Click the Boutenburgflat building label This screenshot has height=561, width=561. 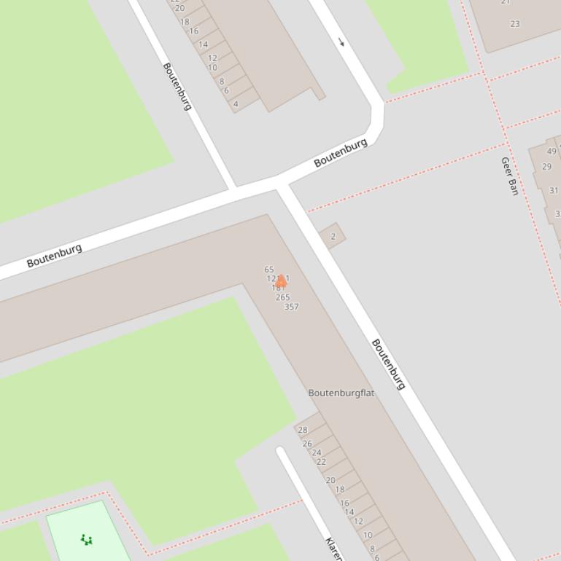tap(341, 393)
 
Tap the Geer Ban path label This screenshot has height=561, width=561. tap(509, 176)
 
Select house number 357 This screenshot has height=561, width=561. tap(291, 307)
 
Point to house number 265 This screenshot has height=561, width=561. tap(283, 297)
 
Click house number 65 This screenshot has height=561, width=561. tap(269, 270)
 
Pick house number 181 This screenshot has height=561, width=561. tap(278, 289)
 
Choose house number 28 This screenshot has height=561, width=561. tap(303, 430)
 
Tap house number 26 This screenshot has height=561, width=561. tap(307, 444)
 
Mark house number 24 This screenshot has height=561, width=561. tap(317, 452)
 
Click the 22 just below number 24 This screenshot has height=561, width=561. tap(321, 462)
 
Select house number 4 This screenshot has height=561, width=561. tap(236, 104)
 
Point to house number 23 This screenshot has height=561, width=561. tap(515, 24)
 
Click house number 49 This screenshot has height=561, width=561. tap(552, 152)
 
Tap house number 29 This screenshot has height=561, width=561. tap(547, 167)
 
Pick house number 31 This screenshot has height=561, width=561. tap(554, 191)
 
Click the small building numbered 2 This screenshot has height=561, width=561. tap(333, 236)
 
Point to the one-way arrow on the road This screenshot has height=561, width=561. tap(341, 42)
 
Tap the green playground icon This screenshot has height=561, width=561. tap(87, 540)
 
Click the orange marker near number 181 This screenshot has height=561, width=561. tap(281, 280)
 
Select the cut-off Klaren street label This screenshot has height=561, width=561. tap(333, 549)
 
